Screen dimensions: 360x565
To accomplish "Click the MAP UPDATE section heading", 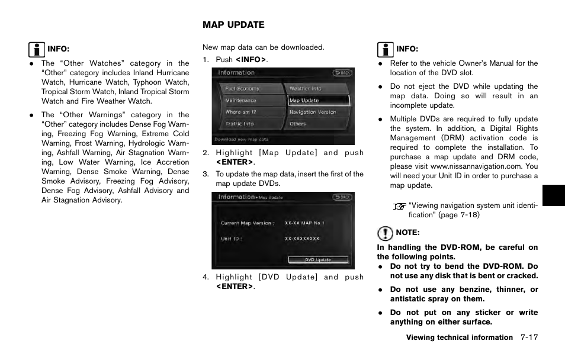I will (x=233, y=25).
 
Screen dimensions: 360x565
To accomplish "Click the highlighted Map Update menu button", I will (x=319, y=101).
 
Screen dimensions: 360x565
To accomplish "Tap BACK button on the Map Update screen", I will (x=342, y=197).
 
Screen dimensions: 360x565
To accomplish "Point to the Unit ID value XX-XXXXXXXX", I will (x=302, y=239).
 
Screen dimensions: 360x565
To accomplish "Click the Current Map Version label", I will (x=247, y=223).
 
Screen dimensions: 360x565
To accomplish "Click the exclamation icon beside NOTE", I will (x=385, y=232).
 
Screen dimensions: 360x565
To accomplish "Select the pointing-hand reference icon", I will (x=400, y=206).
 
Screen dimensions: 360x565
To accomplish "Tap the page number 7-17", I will (x=529, y=337).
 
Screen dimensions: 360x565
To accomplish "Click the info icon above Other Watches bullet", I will (x=36, y=49).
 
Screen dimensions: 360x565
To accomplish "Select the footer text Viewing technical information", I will (x=459, y=337).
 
